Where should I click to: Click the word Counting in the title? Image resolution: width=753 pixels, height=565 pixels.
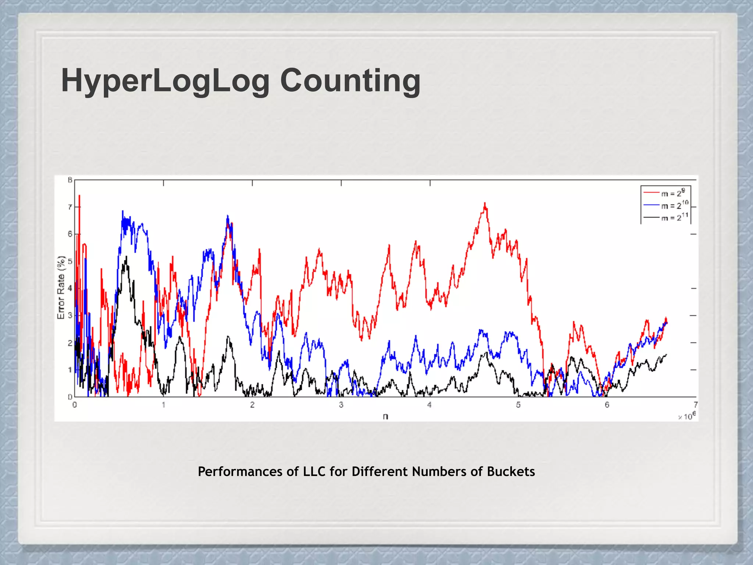350,81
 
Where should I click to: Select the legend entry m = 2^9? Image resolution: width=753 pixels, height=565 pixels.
673,193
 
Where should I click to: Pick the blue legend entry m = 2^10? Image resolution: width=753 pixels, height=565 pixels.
674,205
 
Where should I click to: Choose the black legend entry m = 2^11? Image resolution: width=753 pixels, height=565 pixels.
674,217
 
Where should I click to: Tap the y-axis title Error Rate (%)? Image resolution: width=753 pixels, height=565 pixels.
61,287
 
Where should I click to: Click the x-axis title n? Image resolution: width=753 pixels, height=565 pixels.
385,417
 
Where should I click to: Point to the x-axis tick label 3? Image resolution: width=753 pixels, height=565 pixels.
341,405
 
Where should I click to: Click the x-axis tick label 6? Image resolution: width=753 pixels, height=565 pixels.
607,405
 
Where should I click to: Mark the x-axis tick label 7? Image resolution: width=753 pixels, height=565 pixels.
695,405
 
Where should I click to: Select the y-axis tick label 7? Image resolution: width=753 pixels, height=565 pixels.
70,207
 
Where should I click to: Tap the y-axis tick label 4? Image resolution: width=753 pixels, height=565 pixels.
70,289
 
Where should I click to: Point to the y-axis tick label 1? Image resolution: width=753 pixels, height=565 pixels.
70,370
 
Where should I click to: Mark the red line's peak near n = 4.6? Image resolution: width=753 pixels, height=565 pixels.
485,203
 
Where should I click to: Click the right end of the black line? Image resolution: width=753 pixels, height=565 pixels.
666,355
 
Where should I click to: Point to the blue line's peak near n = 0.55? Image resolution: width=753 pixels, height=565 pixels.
123,211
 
